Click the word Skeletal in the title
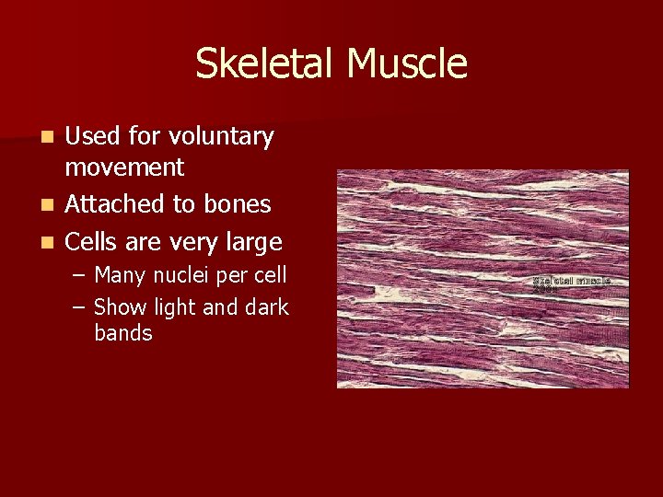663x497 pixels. tap(266, 64)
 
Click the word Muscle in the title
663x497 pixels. tap(408, 64)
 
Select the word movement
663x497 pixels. tap(124, 168)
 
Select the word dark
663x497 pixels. tap(267, 307)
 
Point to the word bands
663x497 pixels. tap(123, 333)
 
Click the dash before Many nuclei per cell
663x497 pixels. tap(80, 275)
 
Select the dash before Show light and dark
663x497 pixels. tap(80, 307)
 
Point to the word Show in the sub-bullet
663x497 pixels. tap(120, 307)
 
